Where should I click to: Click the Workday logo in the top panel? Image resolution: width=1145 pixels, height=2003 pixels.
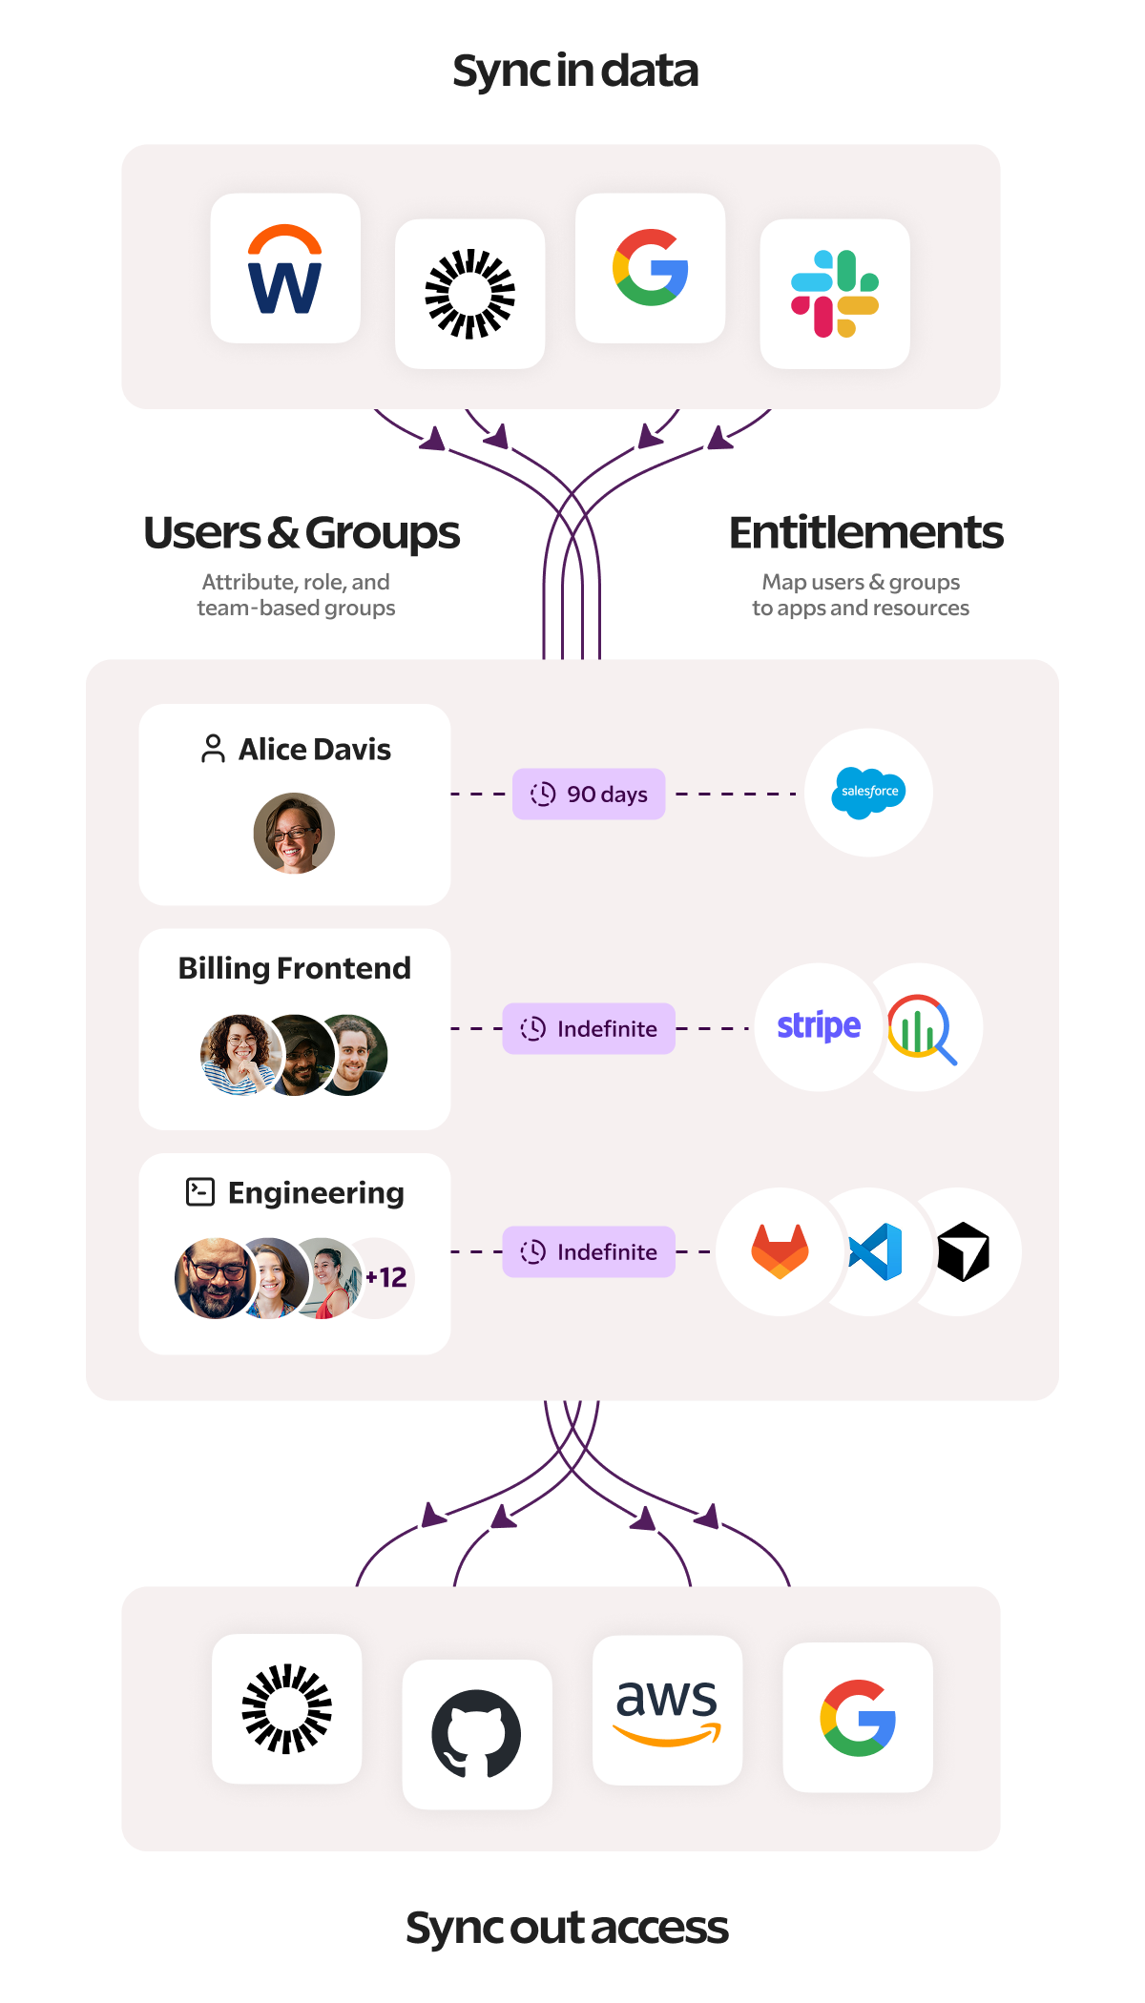pyautogui.click(x=284, y=269)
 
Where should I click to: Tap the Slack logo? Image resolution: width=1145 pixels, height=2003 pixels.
pyautogui.click(x=835, y=294)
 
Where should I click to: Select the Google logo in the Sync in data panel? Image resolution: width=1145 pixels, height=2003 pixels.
pyautogui.click(x=651, y=268)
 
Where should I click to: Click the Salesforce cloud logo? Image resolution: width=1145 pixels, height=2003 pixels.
pyautogui.click(x=868, y=793)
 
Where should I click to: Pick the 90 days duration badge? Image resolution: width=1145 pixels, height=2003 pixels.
pyautogui.click(x=589, y=794)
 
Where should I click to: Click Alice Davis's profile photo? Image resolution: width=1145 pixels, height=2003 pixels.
pyautogui.click(x=294, y=833)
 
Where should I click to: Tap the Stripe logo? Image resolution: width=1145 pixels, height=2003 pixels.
pyautogui.click(x=819, y=1026)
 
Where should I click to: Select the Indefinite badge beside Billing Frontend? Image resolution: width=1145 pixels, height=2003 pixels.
pyautogui.click(x=589, y=1028)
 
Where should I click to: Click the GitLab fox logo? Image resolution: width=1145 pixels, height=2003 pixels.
pyautogui.click(x=781, y=1251)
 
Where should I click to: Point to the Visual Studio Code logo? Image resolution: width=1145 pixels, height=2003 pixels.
pyautogui.click(x=876, y=1251)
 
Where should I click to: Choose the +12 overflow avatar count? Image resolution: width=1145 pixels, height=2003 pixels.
pyautogui.click(x=386, y=1277)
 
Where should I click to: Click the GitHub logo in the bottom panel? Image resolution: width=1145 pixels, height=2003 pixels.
pyautogui.click(x=476, y=1734)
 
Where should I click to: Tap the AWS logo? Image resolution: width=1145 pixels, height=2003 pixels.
pyautogui.click(x=667, y=1710)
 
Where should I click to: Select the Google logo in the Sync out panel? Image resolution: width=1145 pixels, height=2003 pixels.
pyautogui.click(x=858, y=1718)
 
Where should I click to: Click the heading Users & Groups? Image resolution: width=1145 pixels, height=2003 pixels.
pyautogui.click(x=302, y=533)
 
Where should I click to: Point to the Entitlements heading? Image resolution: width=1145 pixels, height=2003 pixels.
pyautogui.click(x=865, y=532)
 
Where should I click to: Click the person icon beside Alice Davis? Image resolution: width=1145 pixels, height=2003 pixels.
pyautogui.click(x=213, y=749)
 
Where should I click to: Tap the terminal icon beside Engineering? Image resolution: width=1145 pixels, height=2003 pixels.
pyautogui.click(x=199, y=1192)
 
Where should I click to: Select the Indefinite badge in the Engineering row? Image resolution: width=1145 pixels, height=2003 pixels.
pyautogui.click(x=589, y=1251)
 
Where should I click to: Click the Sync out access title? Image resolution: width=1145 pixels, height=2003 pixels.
pyautogui.click(x=567, y=1928)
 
